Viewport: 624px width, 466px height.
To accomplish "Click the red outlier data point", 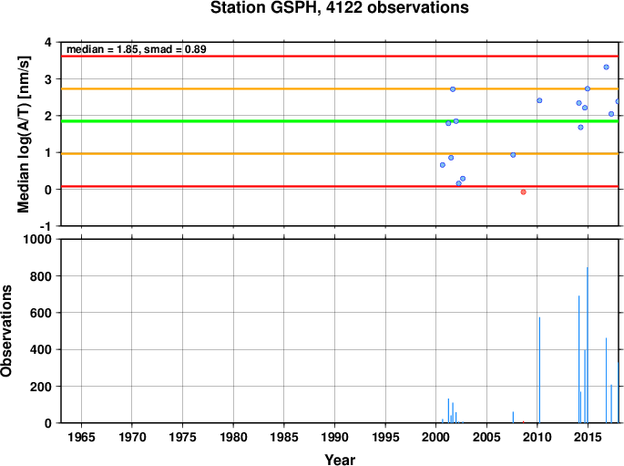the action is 523,192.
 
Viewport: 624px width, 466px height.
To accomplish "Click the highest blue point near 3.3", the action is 606,67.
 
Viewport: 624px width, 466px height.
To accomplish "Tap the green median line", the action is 340,121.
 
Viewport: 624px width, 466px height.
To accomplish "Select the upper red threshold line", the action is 340,57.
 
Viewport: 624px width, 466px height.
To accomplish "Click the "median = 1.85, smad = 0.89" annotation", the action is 136,49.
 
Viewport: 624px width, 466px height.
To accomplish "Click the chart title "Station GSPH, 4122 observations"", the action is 340,7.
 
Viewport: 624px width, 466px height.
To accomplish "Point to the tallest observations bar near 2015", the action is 588,345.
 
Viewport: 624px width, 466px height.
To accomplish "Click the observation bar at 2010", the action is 539,369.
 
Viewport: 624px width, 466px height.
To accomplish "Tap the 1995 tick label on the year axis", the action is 385,437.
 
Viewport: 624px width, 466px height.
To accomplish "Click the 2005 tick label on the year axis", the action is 486,437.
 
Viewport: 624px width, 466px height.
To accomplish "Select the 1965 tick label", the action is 82,437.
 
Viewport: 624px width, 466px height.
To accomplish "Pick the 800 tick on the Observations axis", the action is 41,276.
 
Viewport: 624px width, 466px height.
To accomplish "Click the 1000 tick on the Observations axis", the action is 37,239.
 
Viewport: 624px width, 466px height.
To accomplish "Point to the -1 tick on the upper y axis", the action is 46,226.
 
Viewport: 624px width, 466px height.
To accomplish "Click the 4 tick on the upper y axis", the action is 48,42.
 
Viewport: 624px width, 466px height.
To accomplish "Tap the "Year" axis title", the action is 340,460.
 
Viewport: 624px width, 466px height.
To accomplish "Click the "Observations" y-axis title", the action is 6,331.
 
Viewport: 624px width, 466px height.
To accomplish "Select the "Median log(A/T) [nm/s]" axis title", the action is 24,134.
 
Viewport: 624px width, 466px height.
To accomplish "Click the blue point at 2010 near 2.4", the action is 539,100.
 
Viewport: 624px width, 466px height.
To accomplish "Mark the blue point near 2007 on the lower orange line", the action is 513,155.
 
